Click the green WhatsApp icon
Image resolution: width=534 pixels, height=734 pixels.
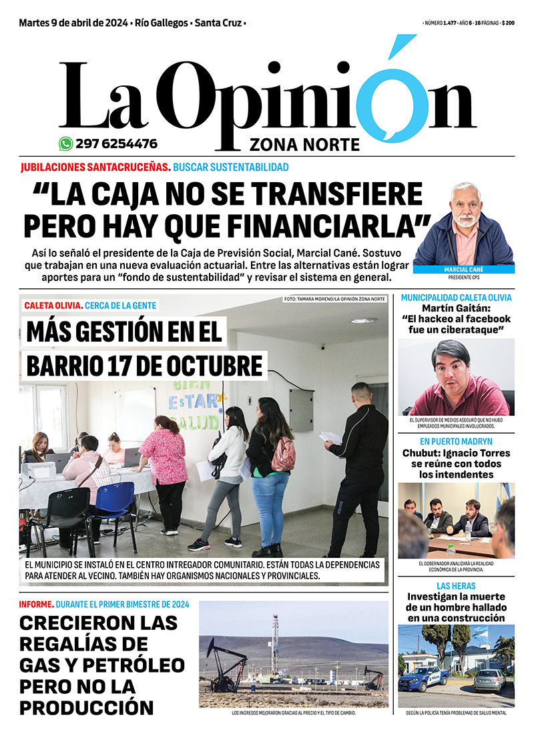[x=65, y=143]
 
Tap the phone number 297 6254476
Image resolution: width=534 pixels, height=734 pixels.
[x=117, y=143]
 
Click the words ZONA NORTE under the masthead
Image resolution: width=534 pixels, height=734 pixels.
[x=304, y=145]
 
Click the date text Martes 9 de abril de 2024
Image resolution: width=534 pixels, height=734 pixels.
[x=73, y=23]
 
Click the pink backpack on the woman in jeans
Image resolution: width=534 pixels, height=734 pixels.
[x=283, y=454]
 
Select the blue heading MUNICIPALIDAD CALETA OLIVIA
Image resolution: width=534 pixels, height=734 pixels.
[x=457, y=298]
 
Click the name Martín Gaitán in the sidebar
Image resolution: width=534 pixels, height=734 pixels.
[x=457, y=308]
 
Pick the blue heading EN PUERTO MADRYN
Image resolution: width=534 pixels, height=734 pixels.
[x=457, y=442]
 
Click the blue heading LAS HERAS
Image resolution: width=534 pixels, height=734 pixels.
[x=457, y=586]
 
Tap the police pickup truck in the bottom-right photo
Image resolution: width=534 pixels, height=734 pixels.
[x=423, y=679]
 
